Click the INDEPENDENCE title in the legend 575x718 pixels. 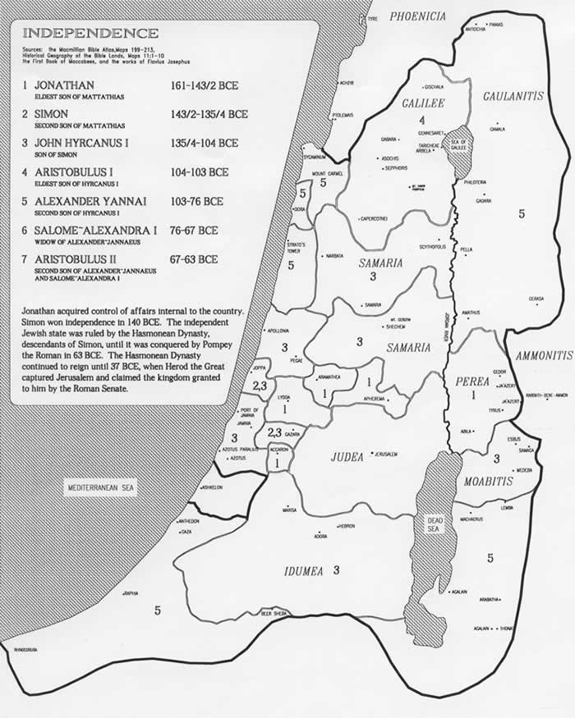[90, 34]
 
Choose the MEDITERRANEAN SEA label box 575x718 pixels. [102, 490]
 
